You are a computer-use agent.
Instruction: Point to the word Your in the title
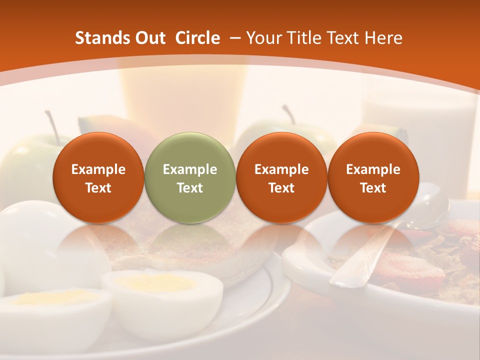(263, 38)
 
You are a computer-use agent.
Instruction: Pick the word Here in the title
(383, 38)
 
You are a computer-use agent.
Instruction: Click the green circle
(190, 177)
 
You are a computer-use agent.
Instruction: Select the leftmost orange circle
(98, 177)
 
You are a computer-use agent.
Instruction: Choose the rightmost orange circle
(373, 177)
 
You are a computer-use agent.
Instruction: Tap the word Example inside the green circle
(190, 169)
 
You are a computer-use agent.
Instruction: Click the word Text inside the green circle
(190, 188)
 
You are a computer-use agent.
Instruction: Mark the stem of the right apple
(288, 114)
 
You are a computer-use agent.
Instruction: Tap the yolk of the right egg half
(155, 283)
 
